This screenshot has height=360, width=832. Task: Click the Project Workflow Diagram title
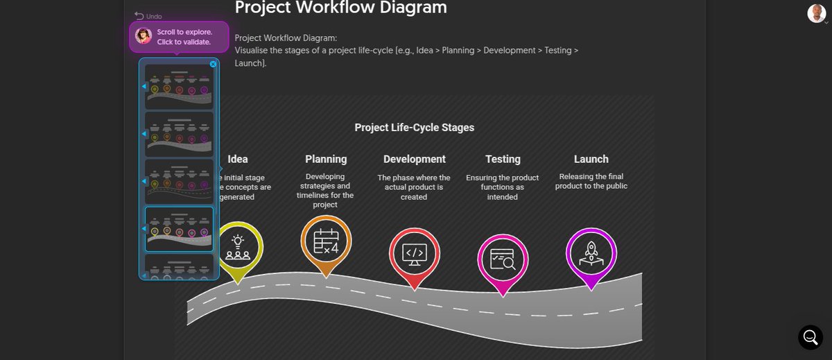point(340,8)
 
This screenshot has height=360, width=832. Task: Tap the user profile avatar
point(816,13)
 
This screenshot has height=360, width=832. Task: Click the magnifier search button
point(810,337)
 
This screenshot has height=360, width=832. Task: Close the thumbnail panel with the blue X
point(213,64)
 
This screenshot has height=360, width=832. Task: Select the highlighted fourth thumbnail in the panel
point(179,228)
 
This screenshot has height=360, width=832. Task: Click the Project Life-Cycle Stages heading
point(414,128)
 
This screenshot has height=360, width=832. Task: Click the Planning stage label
point(326,159)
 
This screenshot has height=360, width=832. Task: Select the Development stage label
point(414,159)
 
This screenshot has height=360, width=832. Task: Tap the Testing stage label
point(503,159)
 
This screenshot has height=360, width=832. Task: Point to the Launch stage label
point(591,159)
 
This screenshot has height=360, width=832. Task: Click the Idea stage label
point(237,159)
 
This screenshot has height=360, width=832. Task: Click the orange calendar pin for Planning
point(325,242)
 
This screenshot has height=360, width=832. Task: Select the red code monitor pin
point(414,253)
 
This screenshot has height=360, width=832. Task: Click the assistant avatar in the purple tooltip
point(144,36)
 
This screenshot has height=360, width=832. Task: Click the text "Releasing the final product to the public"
point(591,181)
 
